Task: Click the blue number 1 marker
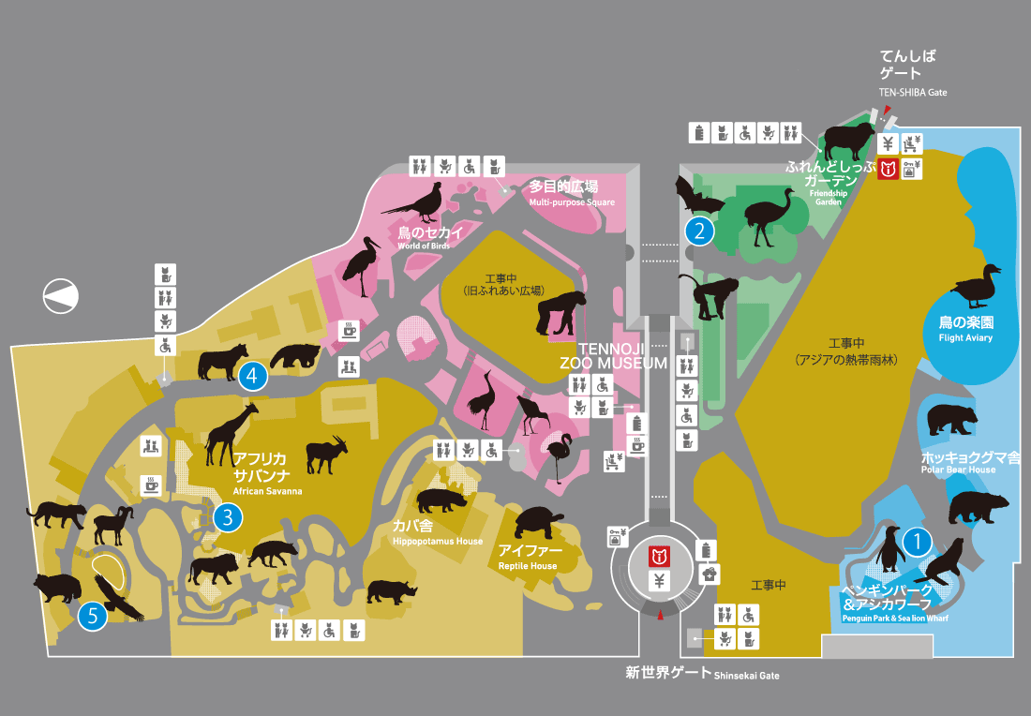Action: pyautogui.click(x=917, y=540)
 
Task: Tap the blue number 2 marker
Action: pyautogui.click(x=699, y=230)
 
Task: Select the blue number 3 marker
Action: pyautogui.click(x=227, y=516)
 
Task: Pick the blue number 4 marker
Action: pyautogui.click(x=252, y=376)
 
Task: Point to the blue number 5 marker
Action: pyautogui.click(x=92, y=616)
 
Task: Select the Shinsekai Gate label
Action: pyautogui.click(x=702, y=673)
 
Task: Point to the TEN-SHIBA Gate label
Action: pyautogui.click(x=913, y=93)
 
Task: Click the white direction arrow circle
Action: pyautogui.click(x=62, y=296)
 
